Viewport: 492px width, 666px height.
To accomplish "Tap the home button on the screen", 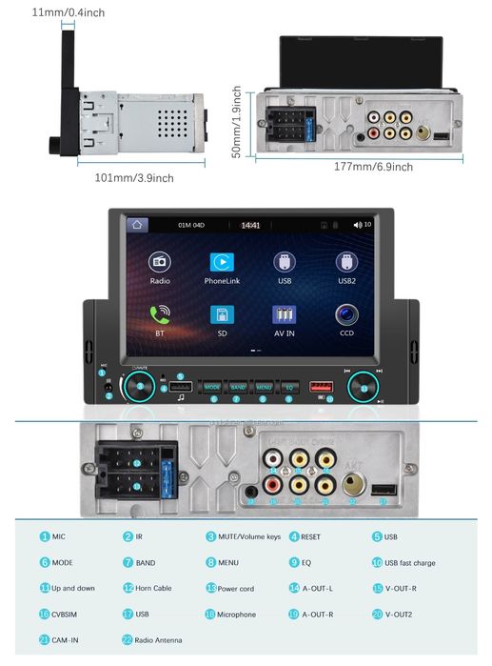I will (x=138, y=225).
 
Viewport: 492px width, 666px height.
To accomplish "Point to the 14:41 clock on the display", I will (x=250, y=226).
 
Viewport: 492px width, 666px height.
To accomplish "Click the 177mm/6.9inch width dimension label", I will (x=374, y=167).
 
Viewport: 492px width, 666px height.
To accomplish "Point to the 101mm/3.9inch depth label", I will (x=134, y=177).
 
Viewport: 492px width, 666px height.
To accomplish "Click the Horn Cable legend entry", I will (x=149, y=588).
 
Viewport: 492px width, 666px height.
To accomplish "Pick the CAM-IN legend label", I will (x=66, y=640).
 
